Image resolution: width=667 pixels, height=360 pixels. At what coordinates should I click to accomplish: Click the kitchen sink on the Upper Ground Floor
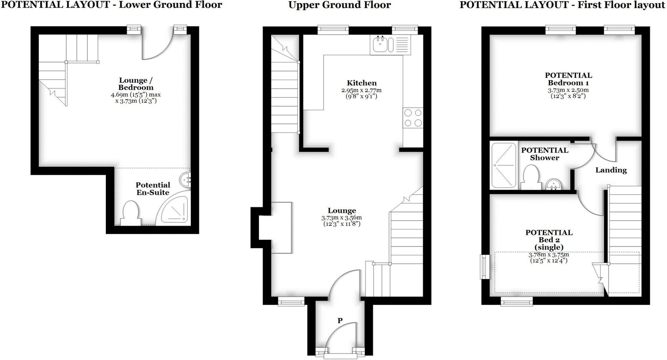coord(390,45)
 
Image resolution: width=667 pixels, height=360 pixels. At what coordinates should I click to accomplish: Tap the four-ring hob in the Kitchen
coord(413,118)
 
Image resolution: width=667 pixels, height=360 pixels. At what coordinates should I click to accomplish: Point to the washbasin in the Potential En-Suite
coord(185,180)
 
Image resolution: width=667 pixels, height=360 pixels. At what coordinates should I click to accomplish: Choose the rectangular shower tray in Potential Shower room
coord(504,165)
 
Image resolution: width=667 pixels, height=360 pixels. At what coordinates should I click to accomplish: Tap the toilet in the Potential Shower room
coord(531,177)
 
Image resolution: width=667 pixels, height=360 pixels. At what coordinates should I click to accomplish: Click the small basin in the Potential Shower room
coord(554,184)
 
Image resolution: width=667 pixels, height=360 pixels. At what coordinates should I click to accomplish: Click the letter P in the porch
coord(340,321)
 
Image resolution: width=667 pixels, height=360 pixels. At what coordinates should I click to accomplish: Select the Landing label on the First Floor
coord(611,170)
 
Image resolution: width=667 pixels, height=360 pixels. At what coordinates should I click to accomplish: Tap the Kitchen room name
coord(361,83)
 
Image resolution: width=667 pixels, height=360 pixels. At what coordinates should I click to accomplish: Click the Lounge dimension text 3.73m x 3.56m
coord(341,218)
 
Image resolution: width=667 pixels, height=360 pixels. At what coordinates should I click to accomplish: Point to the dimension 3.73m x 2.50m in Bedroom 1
coord(568,90)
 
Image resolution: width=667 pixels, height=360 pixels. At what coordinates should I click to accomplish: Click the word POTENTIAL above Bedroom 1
coord(569,75)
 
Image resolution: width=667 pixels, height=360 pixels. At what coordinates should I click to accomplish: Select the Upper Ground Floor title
coord(340,5)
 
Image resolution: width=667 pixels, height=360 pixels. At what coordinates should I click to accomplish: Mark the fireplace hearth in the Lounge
coord(281,228)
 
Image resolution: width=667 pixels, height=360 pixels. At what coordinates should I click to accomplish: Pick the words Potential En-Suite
coord(153,189)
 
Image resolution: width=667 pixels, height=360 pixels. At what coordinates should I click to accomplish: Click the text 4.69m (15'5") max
coord(136,95)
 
